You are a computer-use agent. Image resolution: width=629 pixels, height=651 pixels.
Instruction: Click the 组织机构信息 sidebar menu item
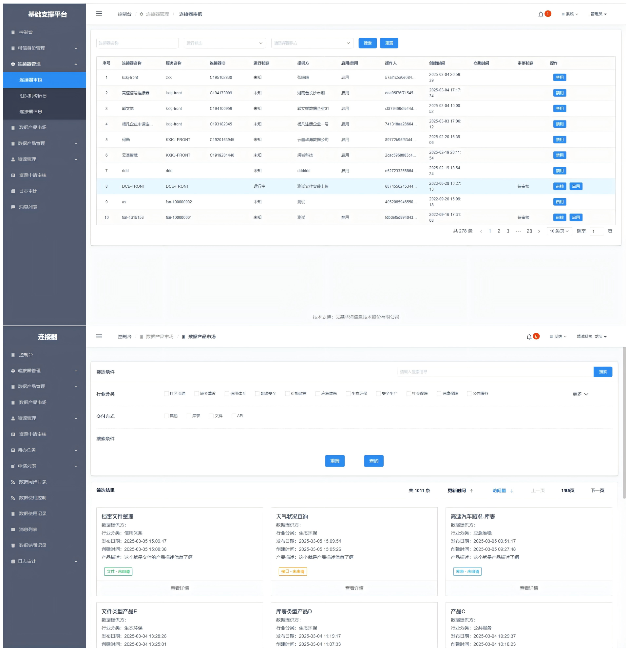(33, 96)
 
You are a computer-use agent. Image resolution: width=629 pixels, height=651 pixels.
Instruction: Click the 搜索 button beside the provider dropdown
(367, 43)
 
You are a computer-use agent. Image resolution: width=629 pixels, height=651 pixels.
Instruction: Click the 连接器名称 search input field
(137, 43)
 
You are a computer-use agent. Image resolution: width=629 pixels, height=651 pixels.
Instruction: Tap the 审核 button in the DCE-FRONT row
(559, 186)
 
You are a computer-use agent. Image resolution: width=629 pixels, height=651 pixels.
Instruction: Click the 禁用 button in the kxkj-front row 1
(559, 77)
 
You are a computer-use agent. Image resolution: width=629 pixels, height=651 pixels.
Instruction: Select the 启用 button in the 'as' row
(559, 202)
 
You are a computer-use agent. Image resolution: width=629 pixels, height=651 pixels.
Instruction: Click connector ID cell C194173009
(220, 93)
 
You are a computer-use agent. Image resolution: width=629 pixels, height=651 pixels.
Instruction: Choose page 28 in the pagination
(529, 231)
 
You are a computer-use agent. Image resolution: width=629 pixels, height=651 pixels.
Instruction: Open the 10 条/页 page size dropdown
(559, 231)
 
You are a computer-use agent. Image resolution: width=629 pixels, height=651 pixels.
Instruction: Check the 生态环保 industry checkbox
(348, 394)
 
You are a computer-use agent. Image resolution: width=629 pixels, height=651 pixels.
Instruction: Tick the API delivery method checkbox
(234, 416)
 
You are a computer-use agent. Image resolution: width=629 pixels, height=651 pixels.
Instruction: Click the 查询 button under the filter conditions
(373, 461)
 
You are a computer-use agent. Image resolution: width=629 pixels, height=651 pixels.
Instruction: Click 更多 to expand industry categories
(580, 394)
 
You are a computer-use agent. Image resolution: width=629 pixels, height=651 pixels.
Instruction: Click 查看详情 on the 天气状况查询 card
(354, 588)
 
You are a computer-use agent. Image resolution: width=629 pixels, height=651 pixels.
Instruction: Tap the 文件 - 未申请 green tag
(118, 571)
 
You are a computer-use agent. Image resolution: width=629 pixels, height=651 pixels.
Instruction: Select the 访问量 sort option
(499, 491)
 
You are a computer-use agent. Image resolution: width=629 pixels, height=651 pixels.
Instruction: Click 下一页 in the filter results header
(597, 491)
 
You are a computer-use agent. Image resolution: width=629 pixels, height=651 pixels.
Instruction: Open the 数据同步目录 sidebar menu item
(32, 482)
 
